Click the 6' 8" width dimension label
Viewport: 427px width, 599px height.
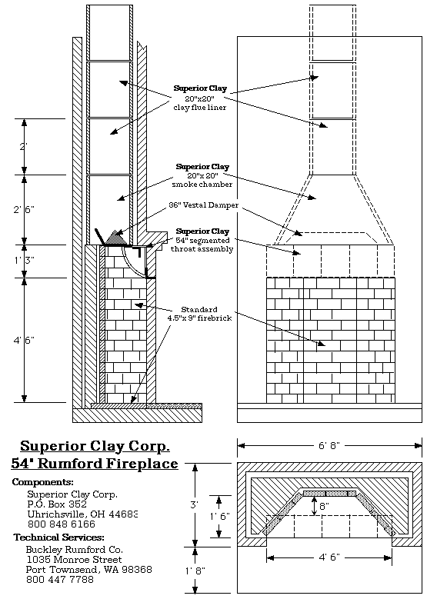329,446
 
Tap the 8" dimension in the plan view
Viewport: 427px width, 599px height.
324,506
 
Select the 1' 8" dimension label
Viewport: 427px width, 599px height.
195,571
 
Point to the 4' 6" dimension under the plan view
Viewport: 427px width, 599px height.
329,557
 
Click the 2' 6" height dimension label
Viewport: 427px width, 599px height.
24,209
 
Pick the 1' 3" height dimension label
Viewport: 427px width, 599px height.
24,261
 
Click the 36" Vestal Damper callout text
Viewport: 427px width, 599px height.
204,205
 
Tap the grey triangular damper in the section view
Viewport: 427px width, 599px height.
115,238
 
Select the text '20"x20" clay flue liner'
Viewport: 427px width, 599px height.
200,103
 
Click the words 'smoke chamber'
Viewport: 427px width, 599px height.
202,185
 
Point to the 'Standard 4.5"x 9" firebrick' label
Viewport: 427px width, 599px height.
199,314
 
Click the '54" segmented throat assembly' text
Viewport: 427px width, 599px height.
202,245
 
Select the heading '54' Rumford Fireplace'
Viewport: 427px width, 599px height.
95,464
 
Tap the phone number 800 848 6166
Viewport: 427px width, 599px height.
61,524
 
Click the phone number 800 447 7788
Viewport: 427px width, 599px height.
60,580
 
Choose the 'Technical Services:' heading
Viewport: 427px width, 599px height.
59,537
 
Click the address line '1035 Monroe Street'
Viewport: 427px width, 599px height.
74,560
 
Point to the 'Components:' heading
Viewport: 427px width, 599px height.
42,481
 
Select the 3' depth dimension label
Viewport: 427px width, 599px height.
194,504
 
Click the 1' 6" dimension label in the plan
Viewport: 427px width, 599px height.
219,517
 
